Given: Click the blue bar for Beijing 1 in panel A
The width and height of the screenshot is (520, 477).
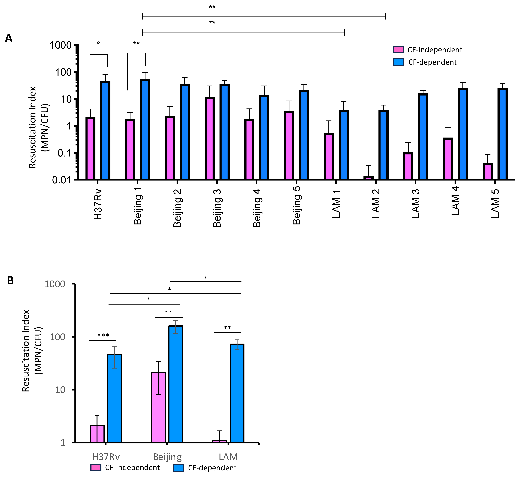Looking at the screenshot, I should [x=145, y=129].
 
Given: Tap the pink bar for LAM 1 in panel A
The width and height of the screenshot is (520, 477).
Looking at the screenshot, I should [x=329, y=156].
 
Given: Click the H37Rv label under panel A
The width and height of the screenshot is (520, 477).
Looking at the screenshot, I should [x=98, y=205].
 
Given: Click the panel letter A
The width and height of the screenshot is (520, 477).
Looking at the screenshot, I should [x=9, y=38].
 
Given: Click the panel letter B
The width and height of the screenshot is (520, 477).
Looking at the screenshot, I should [x=10, y=280].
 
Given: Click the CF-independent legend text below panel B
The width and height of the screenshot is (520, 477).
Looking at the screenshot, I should [x=132, y=467].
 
